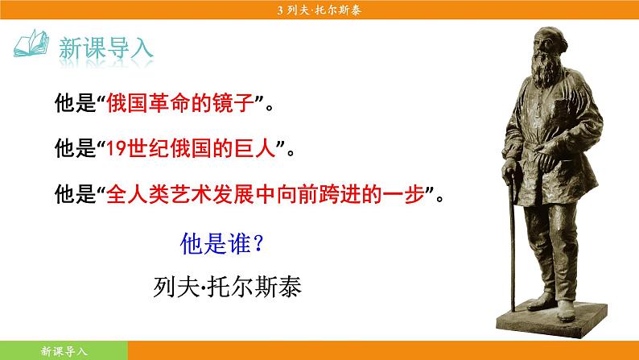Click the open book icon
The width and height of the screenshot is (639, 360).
(31, 43)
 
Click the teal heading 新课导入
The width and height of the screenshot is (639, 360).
(106, 48)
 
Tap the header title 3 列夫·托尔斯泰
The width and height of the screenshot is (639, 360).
(319, 10)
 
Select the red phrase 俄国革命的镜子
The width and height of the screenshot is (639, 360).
(180, 103)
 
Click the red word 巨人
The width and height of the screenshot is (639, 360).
(255, 147)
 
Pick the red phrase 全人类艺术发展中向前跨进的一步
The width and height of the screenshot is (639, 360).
(266, 194)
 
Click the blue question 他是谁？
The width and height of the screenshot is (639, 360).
(222, 244)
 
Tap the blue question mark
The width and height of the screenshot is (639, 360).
(258, 244)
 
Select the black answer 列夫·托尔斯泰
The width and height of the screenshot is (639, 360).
(228, 287)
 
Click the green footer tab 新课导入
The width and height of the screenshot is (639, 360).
(64, 351)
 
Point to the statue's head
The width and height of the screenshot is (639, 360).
(549, 45)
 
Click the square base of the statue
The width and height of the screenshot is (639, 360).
(551, 319)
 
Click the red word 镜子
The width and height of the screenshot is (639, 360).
(234, 103)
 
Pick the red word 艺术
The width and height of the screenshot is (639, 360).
(191, 194)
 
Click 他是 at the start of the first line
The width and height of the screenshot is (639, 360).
(76, 103)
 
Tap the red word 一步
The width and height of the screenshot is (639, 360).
(404, 194)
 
